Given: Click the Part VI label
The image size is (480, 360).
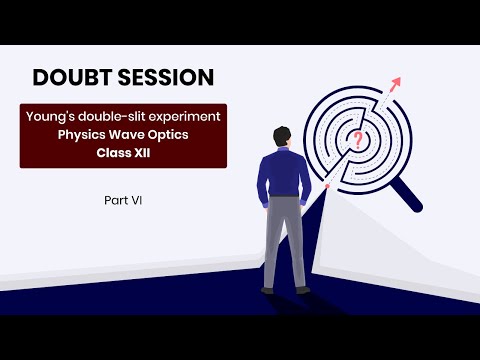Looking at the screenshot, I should (x=123, y=201).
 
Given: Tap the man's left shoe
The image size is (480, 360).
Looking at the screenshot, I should (x=267, y=289).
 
